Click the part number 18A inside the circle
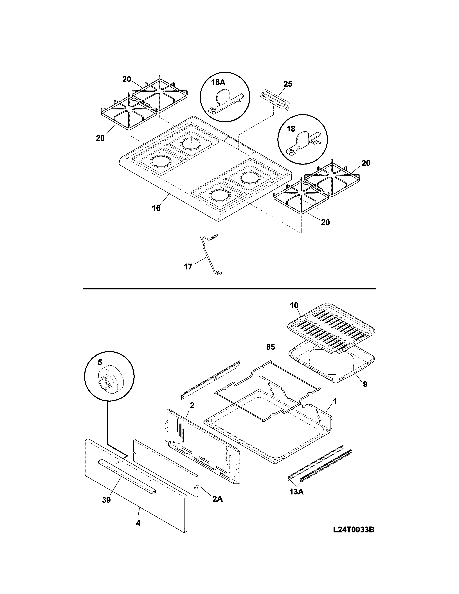218,82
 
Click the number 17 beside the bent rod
188,267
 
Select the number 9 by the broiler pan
365,384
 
